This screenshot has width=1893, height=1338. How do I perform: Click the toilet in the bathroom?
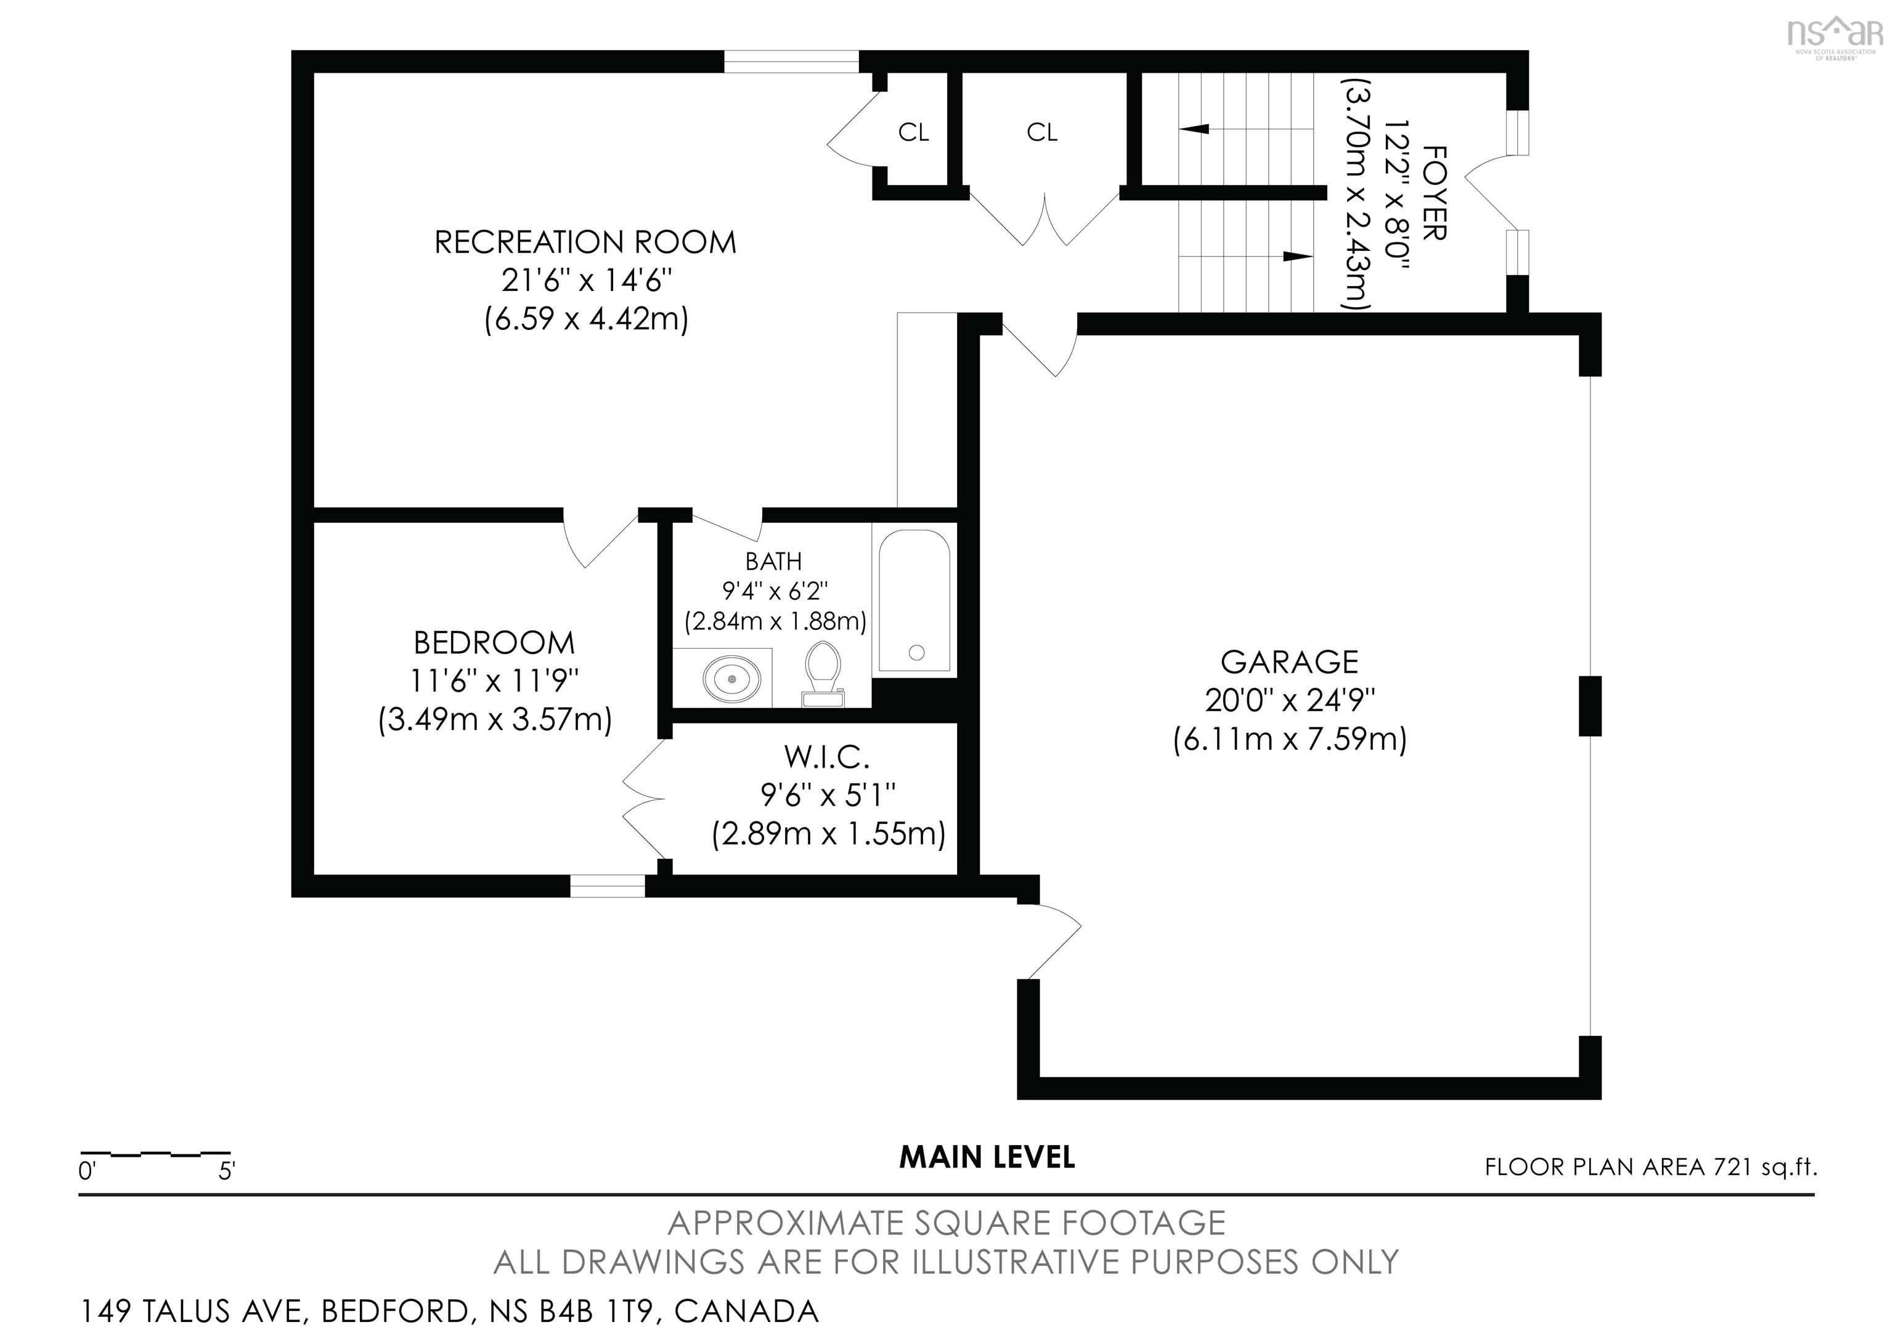coord(823,671)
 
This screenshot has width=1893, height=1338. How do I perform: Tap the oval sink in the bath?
coord(731,678)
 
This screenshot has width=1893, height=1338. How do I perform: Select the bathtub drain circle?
coord(916,652)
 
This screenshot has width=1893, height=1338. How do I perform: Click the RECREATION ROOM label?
coord(585,242)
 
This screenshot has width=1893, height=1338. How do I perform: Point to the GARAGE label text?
coord(1290,662)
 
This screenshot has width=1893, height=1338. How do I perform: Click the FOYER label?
coord(1435,193)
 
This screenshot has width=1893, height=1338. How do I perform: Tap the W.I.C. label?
coord(827,757)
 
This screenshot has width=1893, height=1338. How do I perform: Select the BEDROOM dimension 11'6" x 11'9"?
coord(495,681)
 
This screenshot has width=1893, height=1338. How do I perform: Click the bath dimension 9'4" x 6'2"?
coord(774,591)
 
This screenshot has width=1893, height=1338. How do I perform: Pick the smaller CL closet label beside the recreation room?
coord(913,132)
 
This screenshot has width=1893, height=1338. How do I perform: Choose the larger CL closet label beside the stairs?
coord(1042,132)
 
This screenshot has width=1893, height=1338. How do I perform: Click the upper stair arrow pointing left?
coord(1195,129)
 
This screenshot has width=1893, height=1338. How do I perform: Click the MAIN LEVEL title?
coord(987,1157)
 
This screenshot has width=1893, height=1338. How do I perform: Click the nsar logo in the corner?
coord(1834,35)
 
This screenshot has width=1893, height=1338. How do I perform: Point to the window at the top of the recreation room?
coord(791,61)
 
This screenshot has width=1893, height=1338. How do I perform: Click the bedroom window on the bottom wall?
coord(608,886)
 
